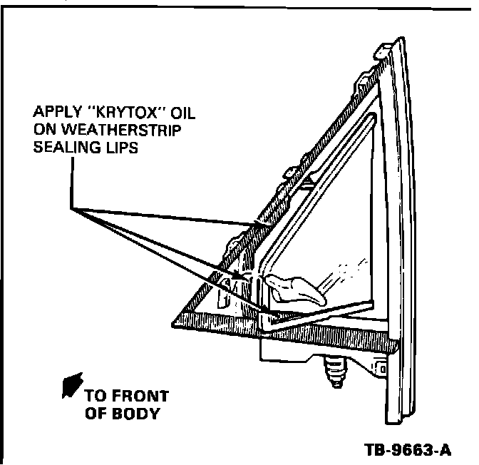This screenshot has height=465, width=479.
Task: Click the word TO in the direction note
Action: (96, 397)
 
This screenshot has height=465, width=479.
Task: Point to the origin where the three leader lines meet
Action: (73, 208)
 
